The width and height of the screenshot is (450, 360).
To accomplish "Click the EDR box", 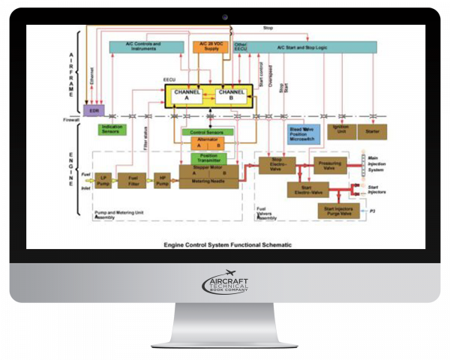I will click(x=94, y=110).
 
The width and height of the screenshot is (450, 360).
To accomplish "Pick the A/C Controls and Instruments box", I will click(x=145, y=47).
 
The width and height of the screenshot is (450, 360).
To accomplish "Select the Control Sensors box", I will click(x=208, y=133).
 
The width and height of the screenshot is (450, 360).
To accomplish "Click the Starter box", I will click(x=373, y=130).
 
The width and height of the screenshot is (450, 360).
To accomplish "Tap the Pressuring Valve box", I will click(x=329, y=163).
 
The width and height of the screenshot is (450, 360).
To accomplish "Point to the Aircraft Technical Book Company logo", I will click(x=224, y=286).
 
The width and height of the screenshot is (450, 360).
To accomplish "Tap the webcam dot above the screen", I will click(x=224, y=15).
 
